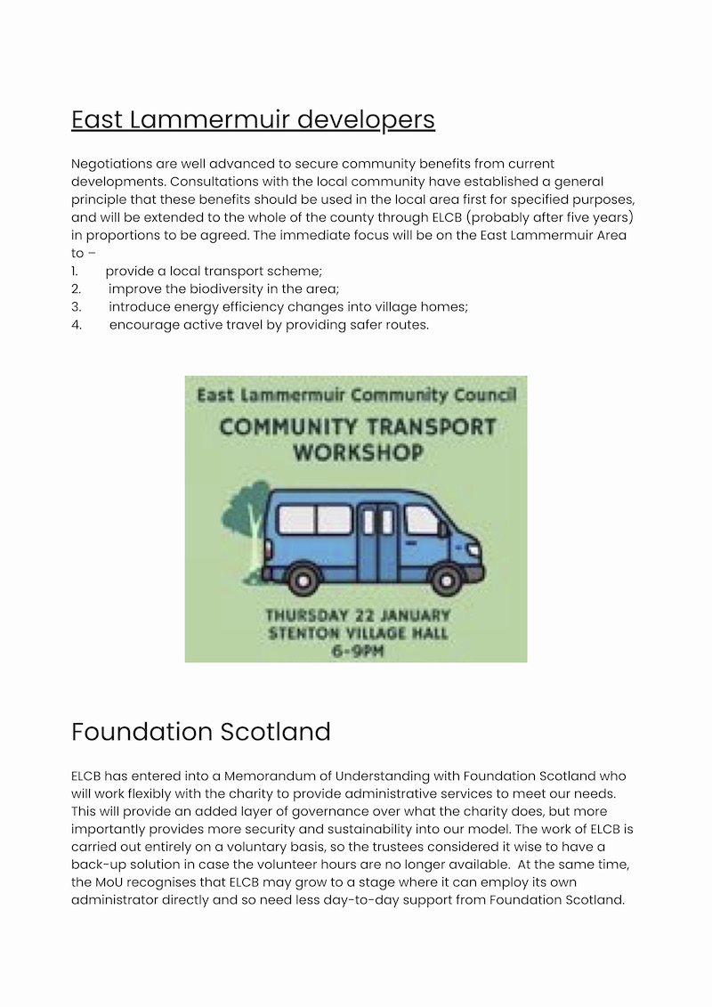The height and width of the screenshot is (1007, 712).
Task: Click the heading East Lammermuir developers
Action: click(253, 119)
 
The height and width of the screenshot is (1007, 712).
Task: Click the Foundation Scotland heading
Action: click(200, 732)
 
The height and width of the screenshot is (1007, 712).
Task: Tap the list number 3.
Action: click(76, 306)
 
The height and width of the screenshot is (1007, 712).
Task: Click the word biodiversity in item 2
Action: click(222, 288)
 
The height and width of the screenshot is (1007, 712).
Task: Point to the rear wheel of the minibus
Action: click(303, 580)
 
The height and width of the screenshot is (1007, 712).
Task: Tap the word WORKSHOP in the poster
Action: click(358, 452)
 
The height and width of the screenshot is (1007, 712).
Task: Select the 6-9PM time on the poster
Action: click(357, 651)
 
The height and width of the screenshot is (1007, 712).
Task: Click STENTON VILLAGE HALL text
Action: click(358, 634)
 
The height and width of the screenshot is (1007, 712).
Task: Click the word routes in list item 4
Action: click(409, 324)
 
